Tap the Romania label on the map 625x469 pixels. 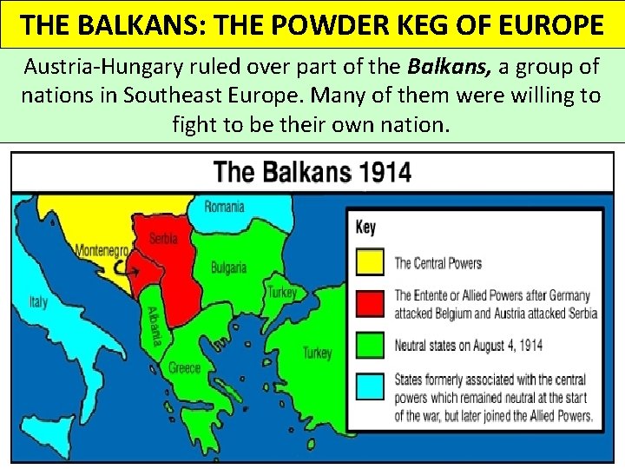(x=224, y=207)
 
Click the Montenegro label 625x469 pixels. (x=102, y=249)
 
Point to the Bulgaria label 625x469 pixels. (x=229, y=268)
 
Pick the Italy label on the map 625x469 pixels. (x=38, y=302)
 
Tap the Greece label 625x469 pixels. (x=184, y=368)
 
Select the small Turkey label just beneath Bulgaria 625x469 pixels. (x=281, y=292)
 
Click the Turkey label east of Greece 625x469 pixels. (x=317, y=353)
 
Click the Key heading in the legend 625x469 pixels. (x=365, y=228)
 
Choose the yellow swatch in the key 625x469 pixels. (x=371, y=262)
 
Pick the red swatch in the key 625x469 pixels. (x=371, y=303)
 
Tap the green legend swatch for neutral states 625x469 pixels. (x=371, y=345)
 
